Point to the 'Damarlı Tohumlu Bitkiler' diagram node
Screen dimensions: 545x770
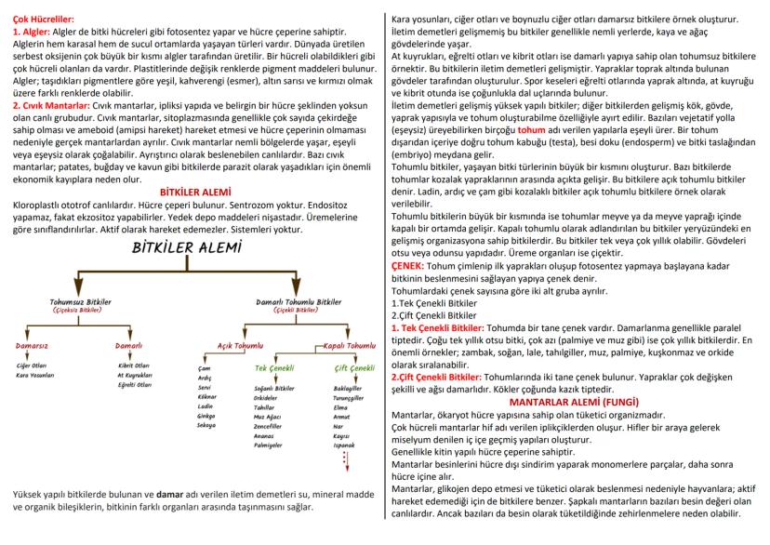click(302, 302)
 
